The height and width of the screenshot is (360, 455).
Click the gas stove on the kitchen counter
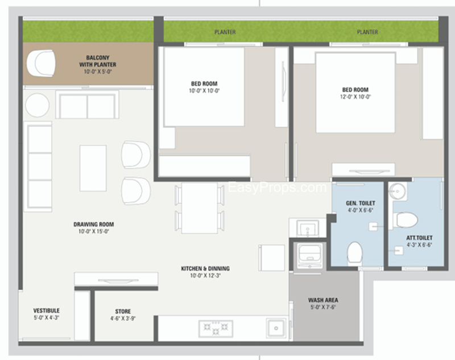[216, 329]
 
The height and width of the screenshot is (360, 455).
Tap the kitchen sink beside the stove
[276, 328]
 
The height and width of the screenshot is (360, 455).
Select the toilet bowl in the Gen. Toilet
[355, 253]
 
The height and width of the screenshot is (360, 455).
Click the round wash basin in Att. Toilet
[398, 191]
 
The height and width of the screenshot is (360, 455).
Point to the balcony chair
[41, 63]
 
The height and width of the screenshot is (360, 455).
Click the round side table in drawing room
[37, 105]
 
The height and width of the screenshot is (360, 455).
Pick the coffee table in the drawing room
[93, 168]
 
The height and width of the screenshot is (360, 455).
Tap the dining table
[200, 208]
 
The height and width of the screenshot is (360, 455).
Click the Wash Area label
[323, 300]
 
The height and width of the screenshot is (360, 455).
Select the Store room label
[123, 311]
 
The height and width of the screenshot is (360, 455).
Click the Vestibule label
[47, 311]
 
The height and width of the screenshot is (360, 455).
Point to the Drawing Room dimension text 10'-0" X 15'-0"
[93, 231]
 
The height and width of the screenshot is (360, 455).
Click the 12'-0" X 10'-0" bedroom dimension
[355, 97]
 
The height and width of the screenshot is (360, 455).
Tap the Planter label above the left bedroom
[225, 32]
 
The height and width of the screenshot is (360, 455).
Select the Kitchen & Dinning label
[205, 268]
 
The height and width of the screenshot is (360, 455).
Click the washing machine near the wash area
[310, 256]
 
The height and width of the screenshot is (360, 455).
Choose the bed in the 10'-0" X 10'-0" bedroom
[204, 87]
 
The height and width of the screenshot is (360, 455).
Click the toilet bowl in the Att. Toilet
[406, 220]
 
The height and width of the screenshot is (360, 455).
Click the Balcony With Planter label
[97, 61]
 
